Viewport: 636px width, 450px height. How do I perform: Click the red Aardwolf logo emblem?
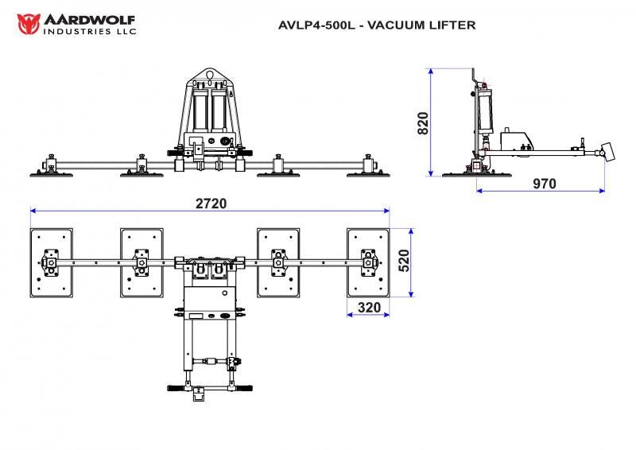pos(29,23)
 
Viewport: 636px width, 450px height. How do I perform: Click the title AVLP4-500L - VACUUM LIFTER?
pos(377,25)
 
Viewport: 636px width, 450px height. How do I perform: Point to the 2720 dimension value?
pos(211,203)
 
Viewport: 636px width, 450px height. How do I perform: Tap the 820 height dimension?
pos(424,123)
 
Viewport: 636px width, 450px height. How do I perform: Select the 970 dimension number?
pos(545,184)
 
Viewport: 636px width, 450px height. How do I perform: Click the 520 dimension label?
pos(403,261)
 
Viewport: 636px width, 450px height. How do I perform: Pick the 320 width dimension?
pos(368,306)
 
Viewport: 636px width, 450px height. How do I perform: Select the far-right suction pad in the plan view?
pos(368,262)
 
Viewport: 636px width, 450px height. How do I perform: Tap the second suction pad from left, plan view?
pos(142,262)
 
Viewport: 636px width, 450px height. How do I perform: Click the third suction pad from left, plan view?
pos(278,262)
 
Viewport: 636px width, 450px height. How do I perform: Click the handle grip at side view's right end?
pos(609,152)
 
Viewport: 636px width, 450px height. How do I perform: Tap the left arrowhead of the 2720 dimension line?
pos(33,211)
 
